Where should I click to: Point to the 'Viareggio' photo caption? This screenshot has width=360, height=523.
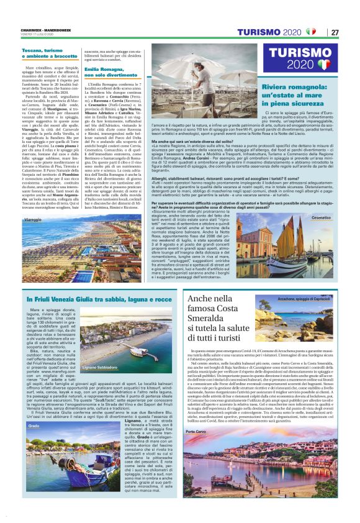click(34, 221)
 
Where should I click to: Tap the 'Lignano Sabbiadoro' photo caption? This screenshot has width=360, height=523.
click(100, 368)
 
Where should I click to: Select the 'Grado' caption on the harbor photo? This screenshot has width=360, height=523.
click(34, 409)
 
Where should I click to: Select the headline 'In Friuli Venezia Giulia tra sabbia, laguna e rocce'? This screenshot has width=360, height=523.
click(93, 300)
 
